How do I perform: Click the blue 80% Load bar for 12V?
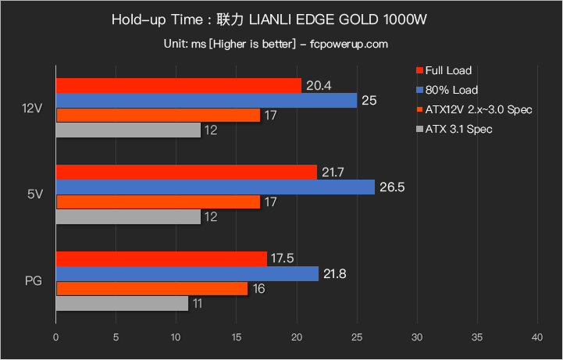click(206, 101)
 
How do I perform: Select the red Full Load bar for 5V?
click(186, 172)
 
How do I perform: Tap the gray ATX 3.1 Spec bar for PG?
click(122, 303)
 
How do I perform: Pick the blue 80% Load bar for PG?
click(187, 273)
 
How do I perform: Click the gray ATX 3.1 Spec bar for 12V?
click(127, 130)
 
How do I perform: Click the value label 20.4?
click(319, 86)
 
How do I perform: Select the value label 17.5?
click(284, 258)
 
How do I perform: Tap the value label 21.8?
click(336, 273)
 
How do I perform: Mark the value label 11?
click(198, 303)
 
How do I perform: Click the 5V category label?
click(35, 194)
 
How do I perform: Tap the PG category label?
click(34, 280)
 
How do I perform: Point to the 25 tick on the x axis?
click(356, 337)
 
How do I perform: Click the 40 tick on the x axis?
click(536, 337)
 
